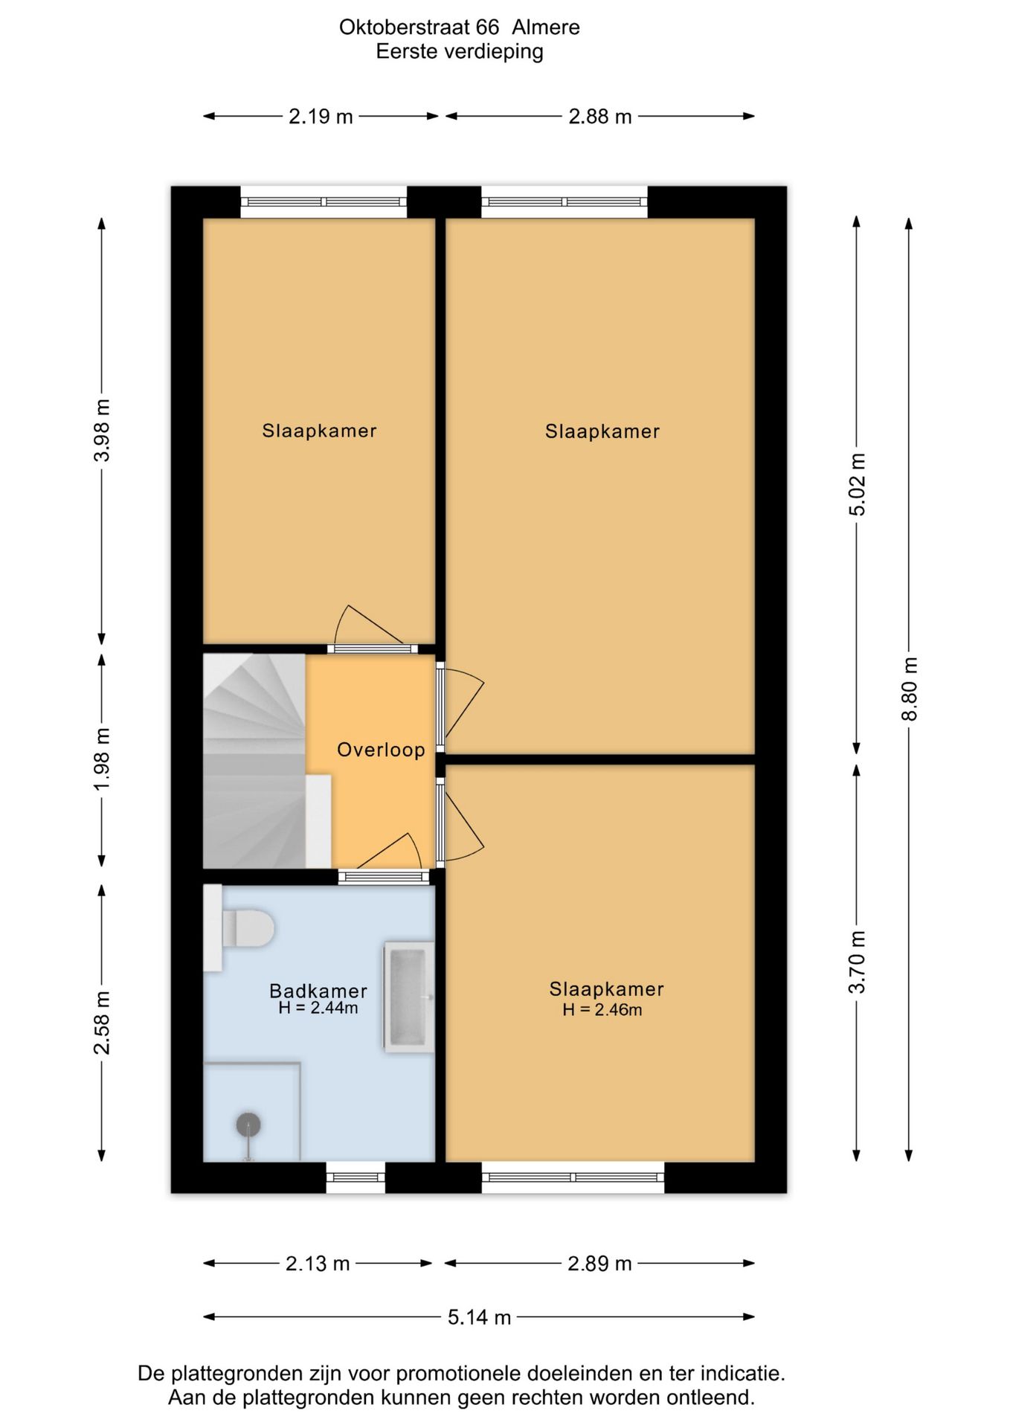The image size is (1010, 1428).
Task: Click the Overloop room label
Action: click(381, 750)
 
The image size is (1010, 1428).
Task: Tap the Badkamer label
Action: click(318, 991)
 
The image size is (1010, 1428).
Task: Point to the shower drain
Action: click(248, 1125)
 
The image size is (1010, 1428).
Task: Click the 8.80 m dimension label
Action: click(909, 689)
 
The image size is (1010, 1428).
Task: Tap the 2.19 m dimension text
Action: click(321, 117)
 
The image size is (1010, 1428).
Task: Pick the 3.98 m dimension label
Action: click(102, 431)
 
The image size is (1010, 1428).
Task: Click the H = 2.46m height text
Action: click(602, 1010)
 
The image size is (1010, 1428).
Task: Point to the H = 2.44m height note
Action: click(318, 1009)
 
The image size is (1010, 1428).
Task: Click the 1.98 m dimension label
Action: click(102, 759)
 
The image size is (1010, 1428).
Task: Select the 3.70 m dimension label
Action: click(857, 962)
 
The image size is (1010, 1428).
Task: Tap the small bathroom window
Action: click(356, 1177)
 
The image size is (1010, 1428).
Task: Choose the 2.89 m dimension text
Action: click(599, 1264)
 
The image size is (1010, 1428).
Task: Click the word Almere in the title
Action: click(546, 28)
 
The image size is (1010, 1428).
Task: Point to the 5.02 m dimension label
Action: click(857, 484)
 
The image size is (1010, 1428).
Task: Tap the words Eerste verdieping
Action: click(460, 52)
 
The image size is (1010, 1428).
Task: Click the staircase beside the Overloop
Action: click(254, 761)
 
